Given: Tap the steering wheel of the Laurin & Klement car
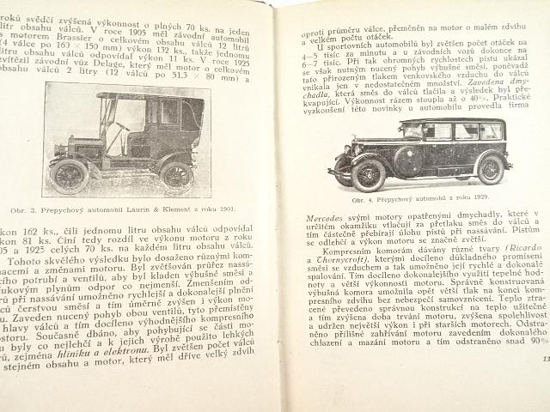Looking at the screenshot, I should click(x=122, y=128).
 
